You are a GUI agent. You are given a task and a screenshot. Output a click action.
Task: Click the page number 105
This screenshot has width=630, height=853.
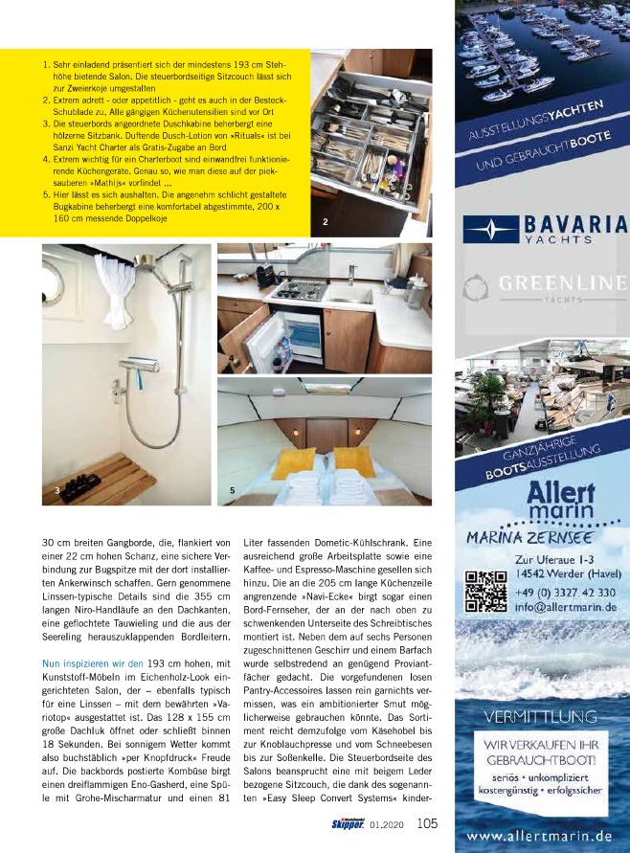[427, 822]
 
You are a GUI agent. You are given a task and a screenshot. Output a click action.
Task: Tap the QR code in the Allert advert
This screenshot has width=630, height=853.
[484, 591]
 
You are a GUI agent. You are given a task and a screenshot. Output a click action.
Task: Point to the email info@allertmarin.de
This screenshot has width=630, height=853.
[564, 606]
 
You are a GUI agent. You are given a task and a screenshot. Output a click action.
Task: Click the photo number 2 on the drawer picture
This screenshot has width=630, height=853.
[326, 222]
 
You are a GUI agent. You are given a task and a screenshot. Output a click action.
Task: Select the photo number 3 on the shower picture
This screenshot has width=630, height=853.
[57, 490]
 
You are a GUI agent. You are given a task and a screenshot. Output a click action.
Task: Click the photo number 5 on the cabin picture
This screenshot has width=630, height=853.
[233, 490]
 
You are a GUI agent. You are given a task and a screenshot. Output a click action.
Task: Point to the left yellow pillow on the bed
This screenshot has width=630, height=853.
[292, 463]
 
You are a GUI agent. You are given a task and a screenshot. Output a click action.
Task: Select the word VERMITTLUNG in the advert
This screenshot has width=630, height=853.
[543, 715]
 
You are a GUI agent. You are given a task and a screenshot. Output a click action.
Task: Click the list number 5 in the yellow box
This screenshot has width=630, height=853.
[46, 193]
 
